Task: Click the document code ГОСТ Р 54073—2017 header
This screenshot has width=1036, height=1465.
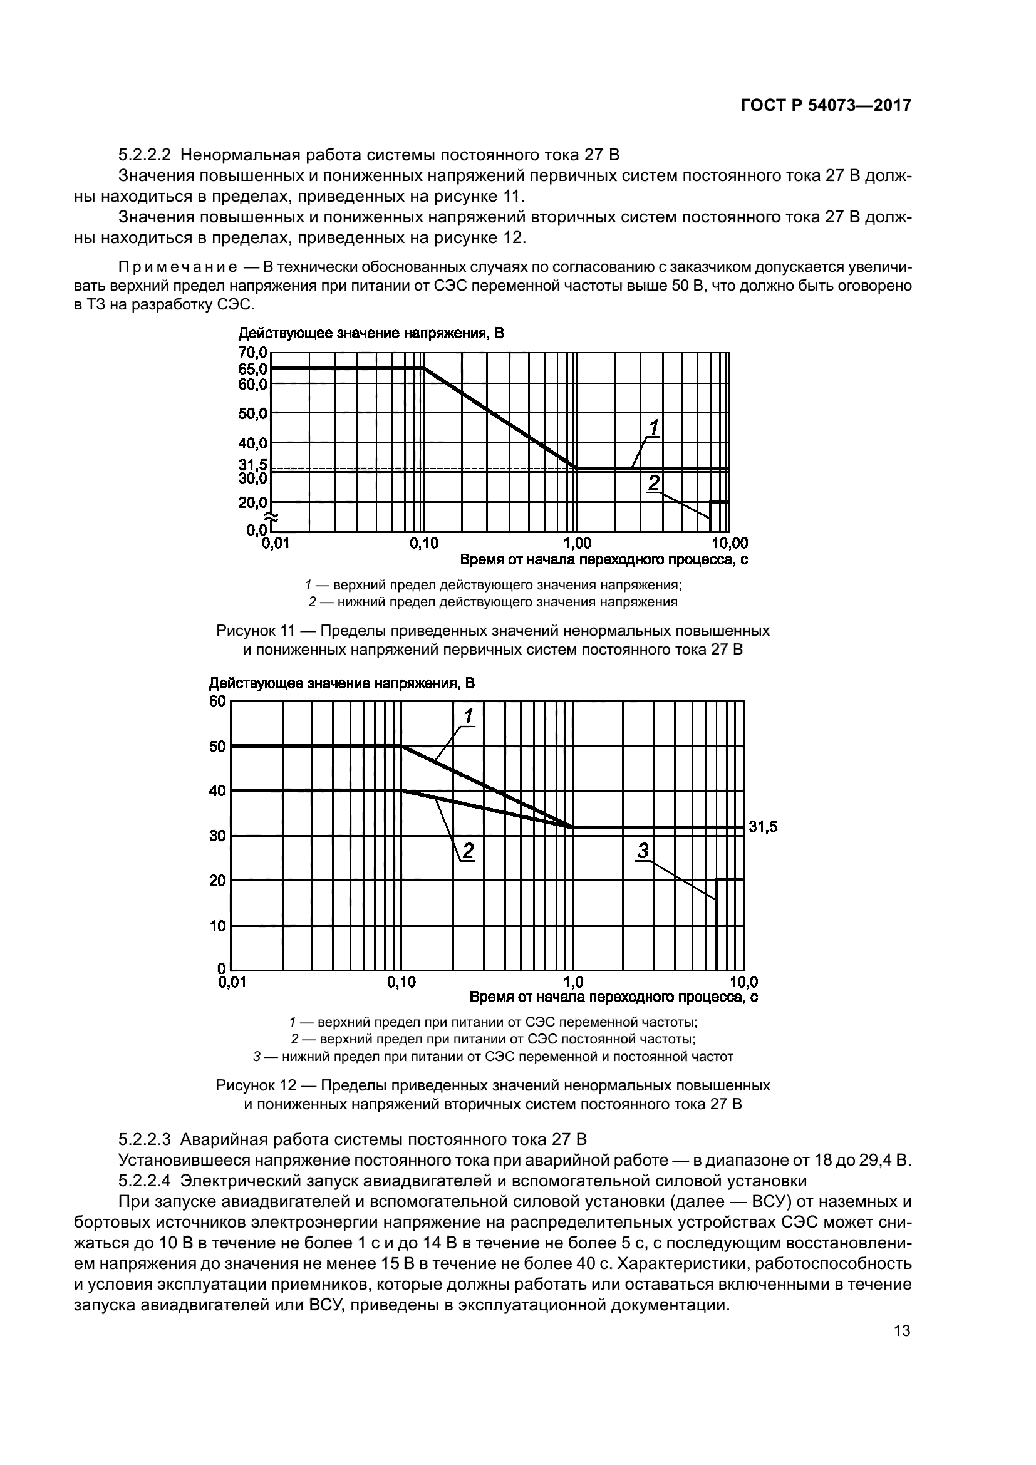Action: tap(826, 106)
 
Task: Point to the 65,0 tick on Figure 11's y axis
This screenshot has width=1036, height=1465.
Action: tap(253, 369)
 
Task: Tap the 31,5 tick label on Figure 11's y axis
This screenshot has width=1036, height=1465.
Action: tap(253, 465)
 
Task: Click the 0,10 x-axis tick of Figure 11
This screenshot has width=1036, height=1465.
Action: tap(423, 544)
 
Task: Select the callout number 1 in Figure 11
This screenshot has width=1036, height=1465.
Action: tap(654, 427)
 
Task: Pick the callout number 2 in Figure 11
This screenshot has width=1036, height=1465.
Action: tap(654, 483)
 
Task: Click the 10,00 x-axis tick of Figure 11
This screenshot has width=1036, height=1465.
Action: tap(730, 544)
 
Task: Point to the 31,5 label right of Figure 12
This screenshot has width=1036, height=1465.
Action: tap(763, 827)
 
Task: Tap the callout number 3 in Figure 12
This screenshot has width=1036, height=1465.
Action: tap(643, 851)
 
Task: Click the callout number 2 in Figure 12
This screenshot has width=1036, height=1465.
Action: tap(468, 851)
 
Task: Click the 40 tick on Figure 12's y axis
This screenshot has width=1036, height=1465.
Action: tap(217, 791)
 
